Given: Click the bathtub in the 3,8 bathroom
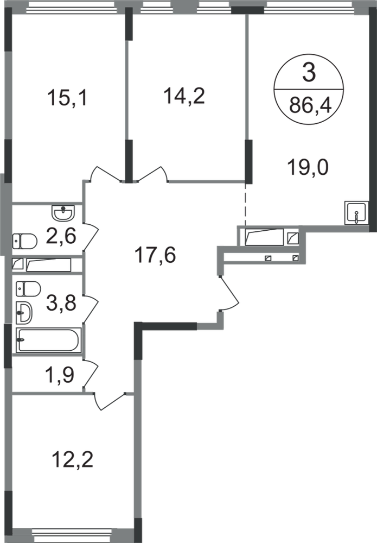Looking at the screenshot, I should [48, 341].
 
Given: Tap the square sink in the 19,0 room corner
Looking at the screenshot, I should [355, 212].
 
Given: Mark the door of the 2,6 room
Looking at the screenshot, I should [92, 234].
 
